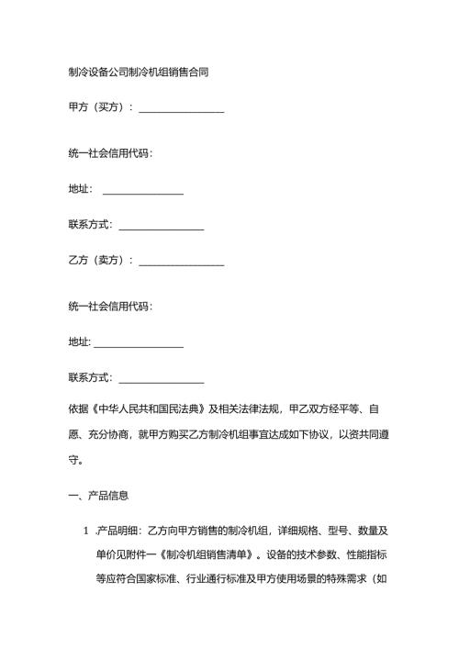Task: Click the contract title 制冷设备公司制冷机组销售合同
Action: (x=139, y=71)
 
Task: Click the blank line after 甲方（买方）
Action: (x=181, y=111)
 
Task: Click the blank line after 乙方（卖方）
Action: (x=181, y=263)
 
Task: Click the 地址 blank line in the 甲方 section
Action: (x=143, y=192)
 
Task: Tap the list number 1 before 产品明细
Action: (x=86, y=531)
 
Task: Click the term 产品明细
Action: (x=118, y=531)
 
